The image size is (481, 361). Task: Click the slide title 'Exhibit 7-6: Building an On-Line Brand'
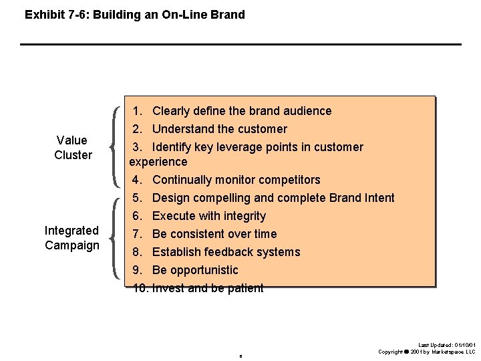pos(134,14)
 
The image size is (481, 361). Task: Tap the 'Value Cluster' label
pos(72,148)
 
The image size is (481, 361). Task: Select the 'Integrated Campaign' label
pos(71,238)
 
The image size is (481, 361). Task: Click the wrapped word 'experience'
pos(158,162)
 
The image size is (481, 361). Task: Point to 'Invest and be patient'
pos(207,288)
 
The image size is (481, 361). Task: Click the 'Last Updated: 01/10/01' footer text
pos(447,345)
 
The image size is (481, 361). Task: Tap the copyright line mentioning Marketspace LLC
pos(427,352)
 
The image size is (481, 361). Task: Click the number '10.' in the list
pos(140,288)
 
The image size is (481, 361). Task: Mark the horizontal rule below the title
pos(240,44)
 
